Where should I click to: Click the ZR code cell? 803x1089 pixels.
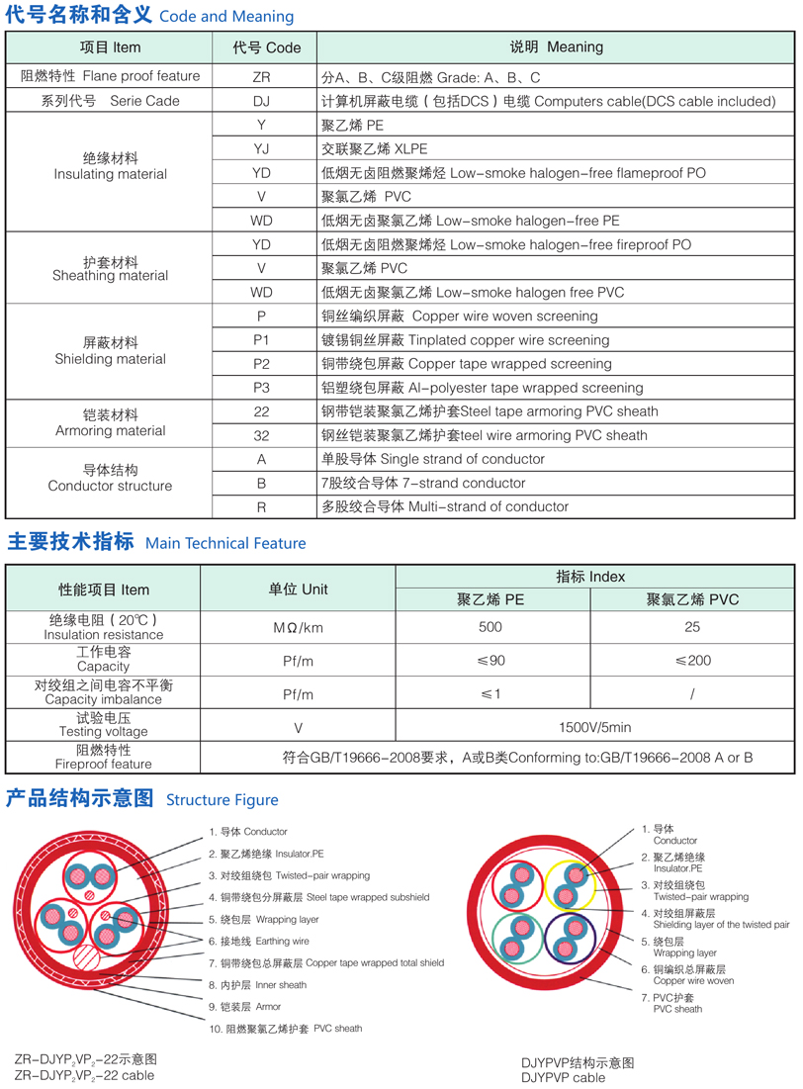pos(261,76)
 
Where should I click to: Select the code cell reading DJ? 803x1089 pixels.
pos(261,101)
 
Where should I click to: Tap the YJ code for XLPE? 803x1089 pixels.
pos(261,149)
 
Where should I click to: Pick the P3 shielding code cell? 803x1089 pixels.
pos(261,388)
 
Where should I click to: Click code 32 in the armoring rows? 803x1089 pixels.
pos(261,435)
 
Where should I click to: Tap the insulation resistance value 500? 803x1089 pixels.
pos(490,627)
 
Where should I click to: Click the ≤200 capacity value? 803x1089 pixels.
pos(692,660)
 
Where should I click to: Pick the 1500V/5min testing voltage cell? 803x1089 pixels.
pos(594,727)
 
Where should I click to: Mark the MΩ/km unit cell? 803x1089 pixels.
pos(298,628)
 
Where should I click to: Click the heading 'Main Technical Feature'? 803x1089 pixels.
pos(225,543)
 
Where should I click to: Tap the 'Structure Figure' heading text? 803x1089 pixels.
pos(223,800)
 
